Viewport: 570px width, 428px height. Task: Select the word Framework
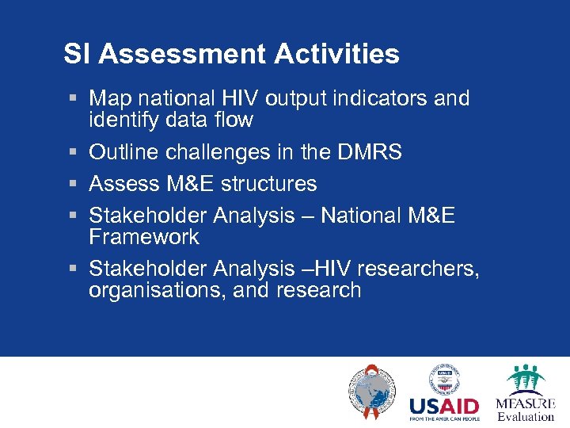pyautogui.click(x=144, y=237)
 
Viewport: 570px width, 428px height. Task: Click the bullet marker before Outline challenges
pyautogui.click(x=72, y=152)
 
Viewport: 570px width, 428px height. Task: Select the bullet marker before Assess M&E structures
pyautogui.click(x=72, y=184)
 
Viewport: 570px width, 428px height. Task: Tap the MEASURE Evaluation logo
pyautogui.click(x=525, y=392)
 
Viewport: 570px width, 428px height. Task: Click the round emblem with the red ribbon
pyautogui.click(x=370, y=392)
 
